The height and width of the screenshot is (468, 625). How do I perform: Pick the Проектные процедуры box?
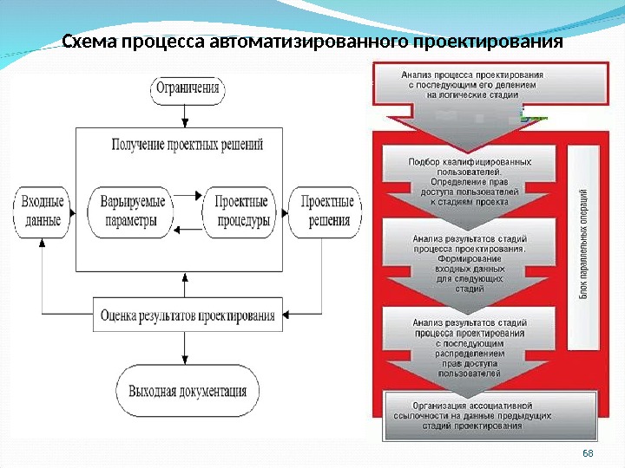click(x=238, y=211)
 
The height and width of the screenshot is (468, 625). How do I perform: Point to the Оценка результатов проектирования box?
click(x=187, y=315)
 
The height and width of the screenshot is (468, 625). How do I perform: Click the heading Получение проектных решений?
click(x=187, y=145)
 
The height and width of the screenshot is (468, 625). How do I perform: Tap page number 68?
click(x=588, y=455)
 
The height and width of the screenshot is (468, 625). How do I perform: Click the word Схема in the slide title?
click(x=91, y=42)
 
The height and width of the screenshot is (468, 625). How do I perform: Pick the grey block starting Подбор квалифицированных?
click(x=470, y=181)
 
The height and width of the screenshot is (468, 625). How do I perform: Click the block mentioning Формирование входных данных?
click(x=470, y=263)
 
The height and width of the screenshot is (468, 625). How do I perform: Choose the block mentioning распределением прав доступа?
click(x=470, y=347)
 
